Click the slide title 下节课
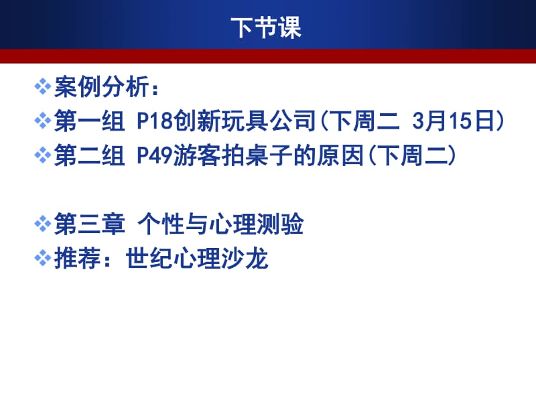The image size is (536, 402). (x=267, y=28)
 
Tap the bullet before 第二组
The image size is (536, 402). (x=43, y=156)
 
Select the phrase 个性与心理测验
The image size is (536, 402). (x=221, y=225)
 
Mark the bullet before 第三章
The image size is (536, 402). (x=43, y=225)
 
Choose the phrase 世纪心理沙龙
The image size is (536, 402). (x=197, y=259)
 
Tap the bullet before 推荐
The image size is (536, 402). (x=43, y=259)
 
